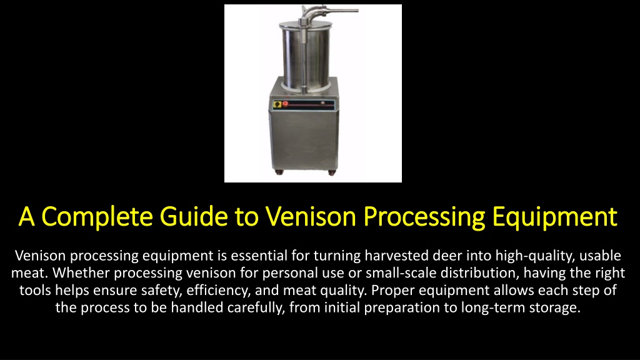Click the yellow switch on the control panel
pyautogui.click(x=277, y=104)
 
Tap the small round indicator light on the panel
pyautogui.click(x=323, y=103)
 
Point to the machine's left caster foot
pyautogui.click(x=279, y=172)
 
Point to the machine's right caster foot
pyautogui.click(x=332, y=172)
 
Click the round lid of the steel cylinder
pyautogui.click(x=304, y=25)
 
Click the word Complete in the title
pyautogui.click(x=97, y=217)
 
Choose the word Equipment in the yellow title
pyautogui.click(x=555, y=217)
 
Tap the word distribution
pyautogui.click(x=480, y=273)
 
